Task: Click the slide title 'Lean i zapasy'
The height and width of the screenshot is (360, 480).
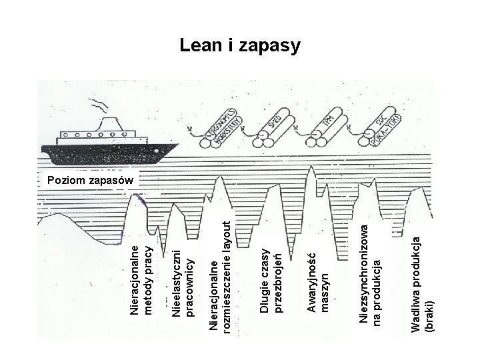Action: click(x=240, y=46)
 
